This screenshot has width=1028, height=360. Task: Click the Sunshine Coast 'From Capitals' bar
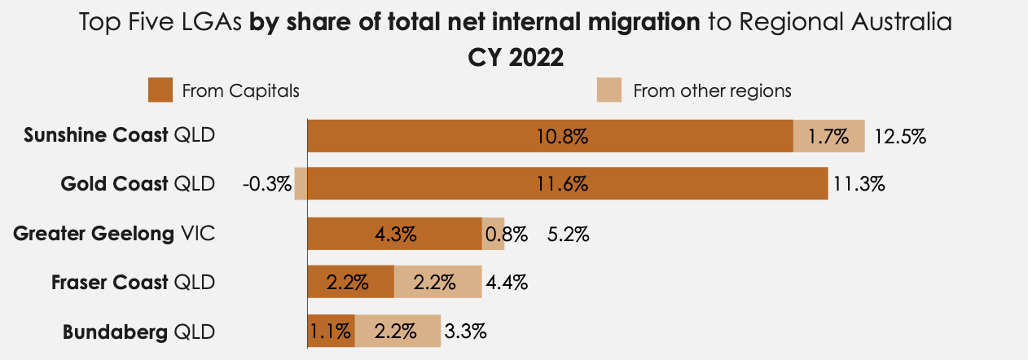pos(550,135)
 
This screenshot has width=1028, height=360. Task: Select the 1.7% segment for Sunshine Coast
pos(828,135)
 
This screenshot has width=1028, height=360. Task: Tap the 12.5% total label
pos(900,136)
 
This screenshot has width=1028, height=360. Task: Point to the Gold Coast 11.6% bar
pos(567,184)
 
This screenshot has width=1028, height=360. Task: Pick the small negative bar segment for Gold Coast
pos(301,184)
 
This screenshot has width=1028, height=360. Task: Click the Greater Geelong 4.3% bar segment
pos(394,234)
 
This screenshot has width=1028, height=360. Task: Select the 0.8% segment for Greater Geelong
pos(493,234)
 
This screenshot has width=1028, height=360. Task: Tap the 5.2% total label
pos(568,235)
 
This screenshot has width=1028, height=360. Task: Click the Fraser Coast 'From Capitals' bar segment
pos(350,283)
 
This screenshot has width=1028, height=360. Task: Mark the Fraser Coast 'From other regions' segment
pos(437,283)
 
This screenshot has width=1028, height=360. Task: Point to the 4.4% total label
pos(507,283)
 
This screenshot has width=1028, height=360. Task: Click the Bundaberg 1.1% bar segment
pos(331,331)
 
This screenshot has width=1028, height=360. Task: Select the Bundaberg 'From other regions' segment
pos(398,331)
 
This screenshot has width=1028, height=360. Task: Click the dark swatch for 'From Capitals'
pos(160,90)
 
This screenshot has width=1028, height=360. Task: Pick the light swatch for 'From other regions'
pos(609,90)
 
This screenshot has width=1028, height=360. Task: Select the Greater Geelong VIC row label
pos(114,235)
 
